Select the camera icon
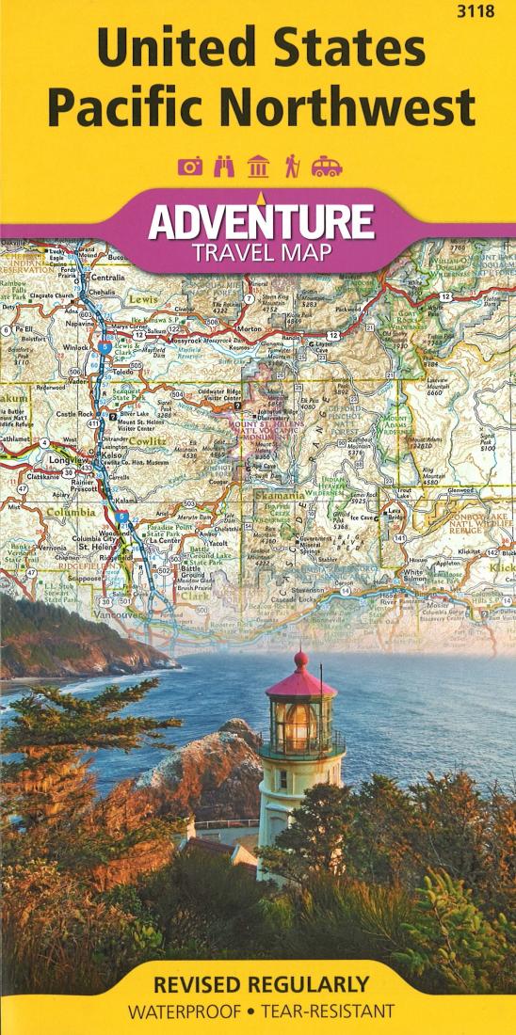(x=191, y=167)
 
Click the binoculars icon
(x=224, y=167)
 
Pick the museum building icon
(x=257, y=167)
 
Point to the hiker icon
(x=291, y=167)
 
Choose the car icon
(x=327, y=167)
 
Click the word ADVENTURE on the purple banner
(x=261, y=223)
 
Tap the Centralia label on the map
(x=107, y=279)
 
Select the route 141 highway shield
(x=401, y=537)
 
